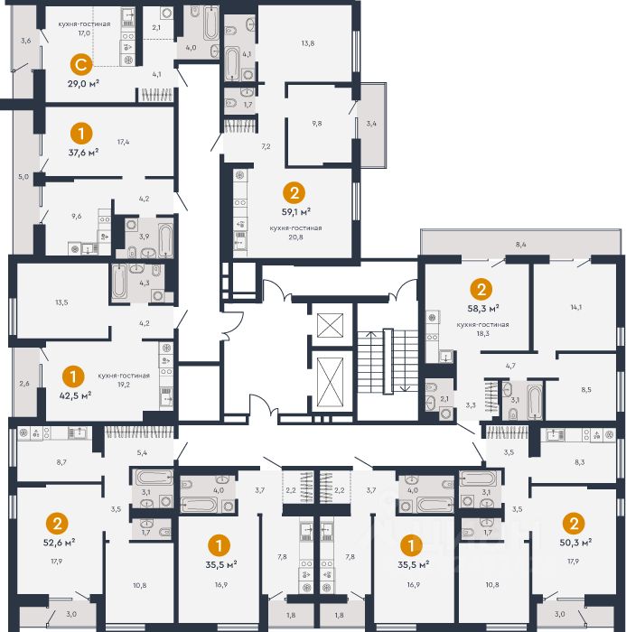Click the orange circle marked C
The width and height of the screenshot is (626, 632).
point(81,65)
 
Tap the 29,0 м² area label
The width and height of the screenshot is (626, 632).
point(83,84)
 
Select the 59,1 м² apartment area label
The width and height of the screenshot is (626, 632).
point(296,212)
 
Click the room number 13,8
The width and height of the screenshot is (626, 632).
point(308,43)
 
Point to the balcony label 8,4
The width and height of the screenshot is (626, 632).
point(520,245)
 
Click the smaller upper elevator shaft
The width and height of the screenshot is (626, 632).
point(330,325)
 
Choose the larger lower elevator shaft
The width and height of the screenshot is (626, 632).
point(330,382)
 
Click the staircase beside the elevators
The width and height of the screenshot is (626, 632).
point(388,361)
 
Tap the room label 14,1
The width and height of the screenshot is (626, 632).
point(576,307)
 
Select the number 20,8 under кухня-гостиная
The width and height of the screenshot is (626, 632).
point(295,237)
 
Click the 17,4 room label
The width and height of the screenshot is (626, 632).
point(123,142)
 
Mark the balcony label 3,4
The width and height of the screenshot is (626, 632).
point(371,124)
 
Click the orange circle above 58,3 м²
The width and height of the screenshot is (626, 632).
point(481,290)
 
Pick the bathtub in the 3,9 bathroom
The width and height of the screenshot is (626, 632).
point(166,241)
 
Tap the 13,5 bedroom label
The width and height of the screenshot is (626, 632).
point(61,302)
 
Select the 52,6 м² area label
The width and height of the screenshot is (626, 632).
point(59,543)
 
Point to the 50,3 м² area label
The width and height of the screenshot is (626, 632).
point(575,543)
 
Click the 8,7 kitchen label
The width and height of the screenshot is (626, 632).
point(61,462)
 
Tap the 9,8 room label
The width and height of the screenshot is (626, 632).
point(317,124)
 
